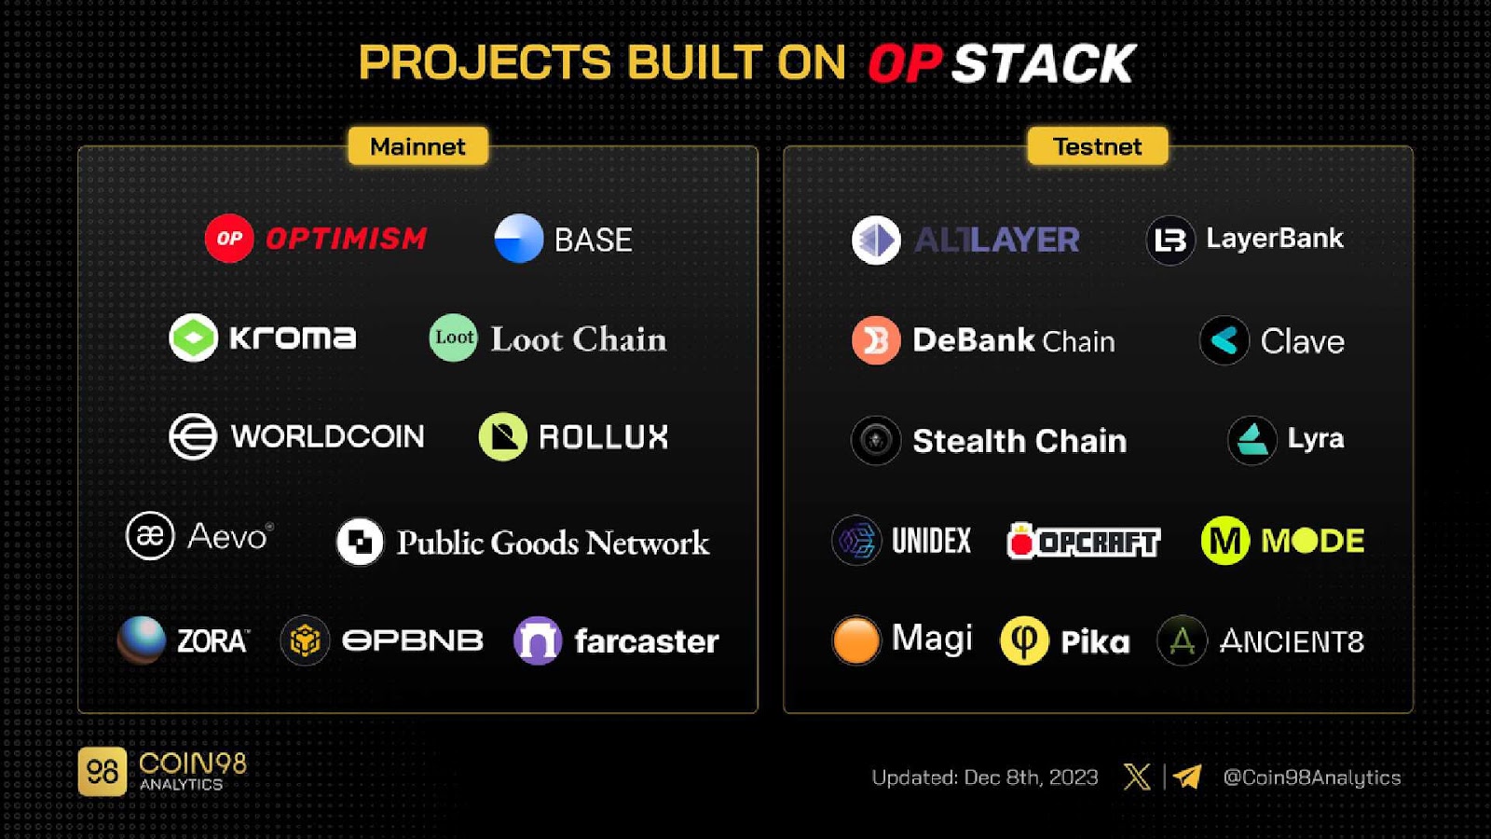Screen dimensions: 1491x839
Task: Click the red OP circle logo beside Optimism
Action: [229, 239]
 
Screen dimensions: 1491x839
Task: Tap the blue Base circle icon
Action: [519, 239]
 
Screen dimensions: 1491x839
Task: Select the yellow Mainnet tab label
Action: [418, 145]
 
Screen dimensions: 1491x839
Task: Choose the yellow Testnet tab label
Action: [1098, 145]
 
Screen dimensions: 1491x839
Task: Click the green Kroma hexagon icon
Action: [193, 337]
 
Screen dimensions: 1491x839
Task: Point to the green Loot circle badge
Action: [453, 337]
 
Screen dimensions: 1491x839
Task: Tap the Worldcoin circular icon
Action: [193, 437]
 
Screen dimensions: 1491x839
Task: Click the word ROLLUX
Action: [603, 437]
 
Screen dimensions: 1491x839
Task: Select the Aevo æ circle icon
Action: [150, 535]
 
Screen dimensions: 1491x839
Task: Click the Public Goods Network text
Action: [554, 543]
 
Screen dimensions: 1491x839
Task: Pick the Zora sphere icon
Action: [141, 640]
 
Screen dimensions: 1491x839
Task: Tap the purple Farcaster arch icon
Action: [538, 640]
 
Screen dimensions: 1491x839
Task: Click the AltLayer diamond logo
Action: [876, 240]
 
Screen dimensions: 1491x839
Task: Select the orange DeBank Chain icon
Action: [876, 340]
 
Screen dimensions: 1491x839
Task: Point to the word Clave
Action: [1303, 341]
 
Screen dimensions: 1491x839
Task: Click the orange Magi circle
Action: [856, 640]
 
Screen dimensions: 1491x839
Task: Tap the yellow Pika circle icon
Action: [1024, 640]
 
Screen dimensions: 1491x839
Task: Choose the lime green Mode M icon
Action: [1225, 540]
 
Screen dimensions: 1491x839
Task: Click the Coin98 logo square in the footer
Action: [102, 772]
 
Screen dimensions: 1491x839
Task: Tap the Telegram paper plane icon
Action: [1187, 777]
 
